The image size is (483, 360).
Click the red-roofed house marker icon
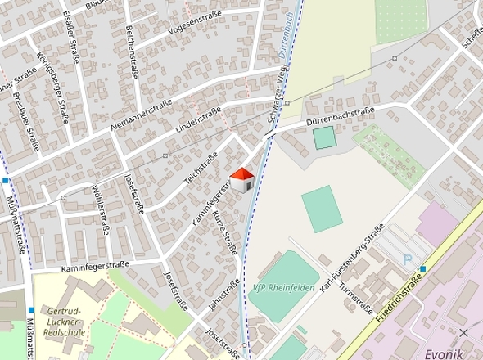click(241, 180)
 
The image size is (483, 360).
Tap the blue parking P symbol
click(408, 260)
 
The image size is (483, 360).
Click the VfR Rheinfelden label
click(284, 287)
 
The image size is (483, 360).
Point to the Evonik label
click(444, 353)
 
